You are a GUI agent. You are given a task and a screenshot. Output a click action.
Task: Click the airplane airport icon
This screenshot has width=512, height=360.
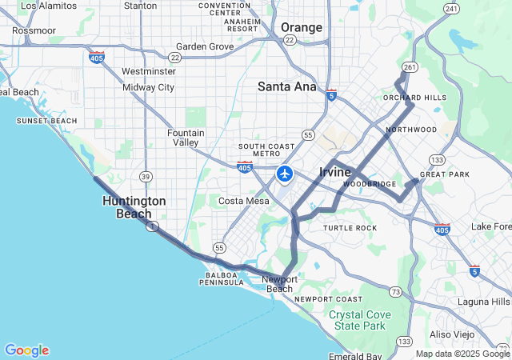(x=285, y=174)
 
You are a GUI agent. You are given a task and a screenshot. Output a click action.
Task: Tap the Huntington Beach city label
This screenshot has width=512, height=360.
(x=134, y=207)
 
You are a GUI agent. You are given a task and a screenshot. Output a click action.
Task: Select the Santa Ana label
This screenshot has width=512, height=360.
(x=286, y=86)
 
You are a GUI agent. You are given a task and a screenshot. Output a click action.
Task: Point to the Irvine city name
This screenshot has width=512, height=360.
(x=335, y=172)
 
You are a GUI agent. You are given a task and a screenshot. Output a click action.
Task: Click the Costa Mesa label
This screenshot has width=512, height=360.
(x=243, y=201)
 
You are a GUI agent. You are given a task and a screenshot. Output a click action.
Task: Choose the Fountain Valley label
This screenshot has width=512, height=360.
(x=186, y=138)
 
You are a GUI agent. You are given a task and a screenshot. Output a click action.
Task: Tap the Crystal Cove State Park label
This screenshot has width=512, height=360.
(x=361, y=320)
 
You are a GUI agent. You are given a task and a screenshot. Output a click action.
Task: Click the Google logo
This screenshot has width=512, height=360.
(x=26, y=350)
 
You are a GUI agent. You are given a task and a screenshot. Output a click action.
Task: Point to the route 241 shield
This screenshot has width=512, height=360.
(x=452, y=9)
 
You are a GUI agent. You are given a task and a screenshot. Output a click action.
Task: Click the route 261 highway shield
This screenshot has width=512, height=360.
(x=410, y=67)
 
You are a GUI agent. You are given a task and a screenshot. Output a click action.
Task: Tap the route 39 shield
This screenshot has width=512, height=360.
(x=145, y=176)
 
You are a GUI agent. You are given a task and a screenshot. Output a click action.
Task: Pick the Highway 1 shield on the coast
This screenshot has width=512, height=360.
(x=150, y=227)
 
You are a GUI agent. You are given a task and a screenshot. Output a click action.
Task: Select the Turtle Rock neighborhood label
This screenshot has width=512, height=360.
(x=350, y=228)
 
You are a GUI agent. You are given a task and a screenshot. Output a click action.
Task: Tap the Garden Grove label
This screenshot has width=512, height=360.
(x=205, y=46)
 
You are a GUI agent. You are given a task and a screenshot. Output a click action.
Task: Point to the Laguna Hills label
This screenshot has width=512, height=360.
(x=483, y=302)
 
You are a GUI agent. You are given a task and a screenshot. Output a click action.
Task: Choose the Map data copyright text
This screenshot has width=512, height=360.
(x=462, y=354)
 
